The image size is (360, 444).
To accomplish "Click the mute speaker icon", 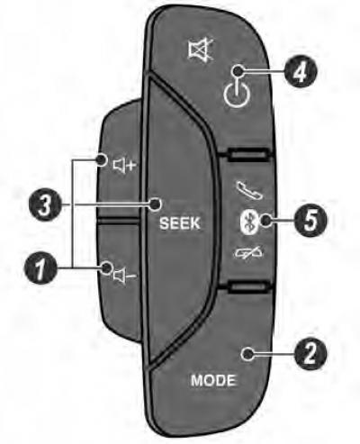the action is pyautogui.click(x=201, y=50).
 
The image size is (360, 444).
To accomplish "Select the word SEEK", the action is pyautogui.click(x=180, y=223).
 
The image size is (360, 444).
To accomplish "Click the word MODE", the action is pyautogui.click(x=213, y=380).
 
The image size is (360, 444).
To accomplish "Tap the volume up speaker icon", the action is pyautogui.click(x=124, y=165).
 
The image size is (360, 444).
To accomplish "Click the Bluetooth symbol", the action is pyautogui.click(x=247, y=222).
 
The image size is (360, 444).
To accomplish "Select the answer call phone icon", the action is pyautogui.click(x=248, y=190).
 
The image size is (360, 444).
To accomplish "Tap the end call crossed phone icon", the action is pyautogui.click(x=247, y=253).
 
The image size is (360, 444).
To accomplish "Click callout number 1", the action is pyautogui.click(x=40, y=267).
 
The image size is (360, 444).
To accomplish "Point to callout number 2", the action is pyautogui.click(x=310, y=354).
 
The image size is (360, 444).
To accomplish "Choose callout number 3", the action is pyautogui.click(x=44, y=205).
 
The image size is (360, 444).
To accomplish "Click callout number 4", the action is pyautogui.click(x=300, y=72).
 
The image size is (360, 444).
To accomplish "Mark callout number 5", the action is pyautogui.click(x=310, y=221).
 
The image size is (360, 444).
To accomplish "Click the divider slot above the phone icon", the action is pyautogui.click(x=247, y=155).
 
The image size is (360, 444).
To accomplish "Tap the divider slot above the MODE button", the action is pyautogui.click(x=247, y=287).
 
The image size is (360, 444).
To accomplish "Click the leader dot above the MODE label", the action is pyautogui.click(x=247, y=355).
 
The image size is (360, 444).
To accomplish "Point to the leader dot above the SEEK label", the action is pyautogui.click(x=155, y=204).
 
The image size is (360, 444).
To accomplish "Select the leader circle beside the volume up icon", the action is pyautogui.click(x=102, y=159).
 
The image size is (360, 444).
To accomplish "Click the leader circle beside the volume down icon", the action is pyautogui.click(x=106, y=267).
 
